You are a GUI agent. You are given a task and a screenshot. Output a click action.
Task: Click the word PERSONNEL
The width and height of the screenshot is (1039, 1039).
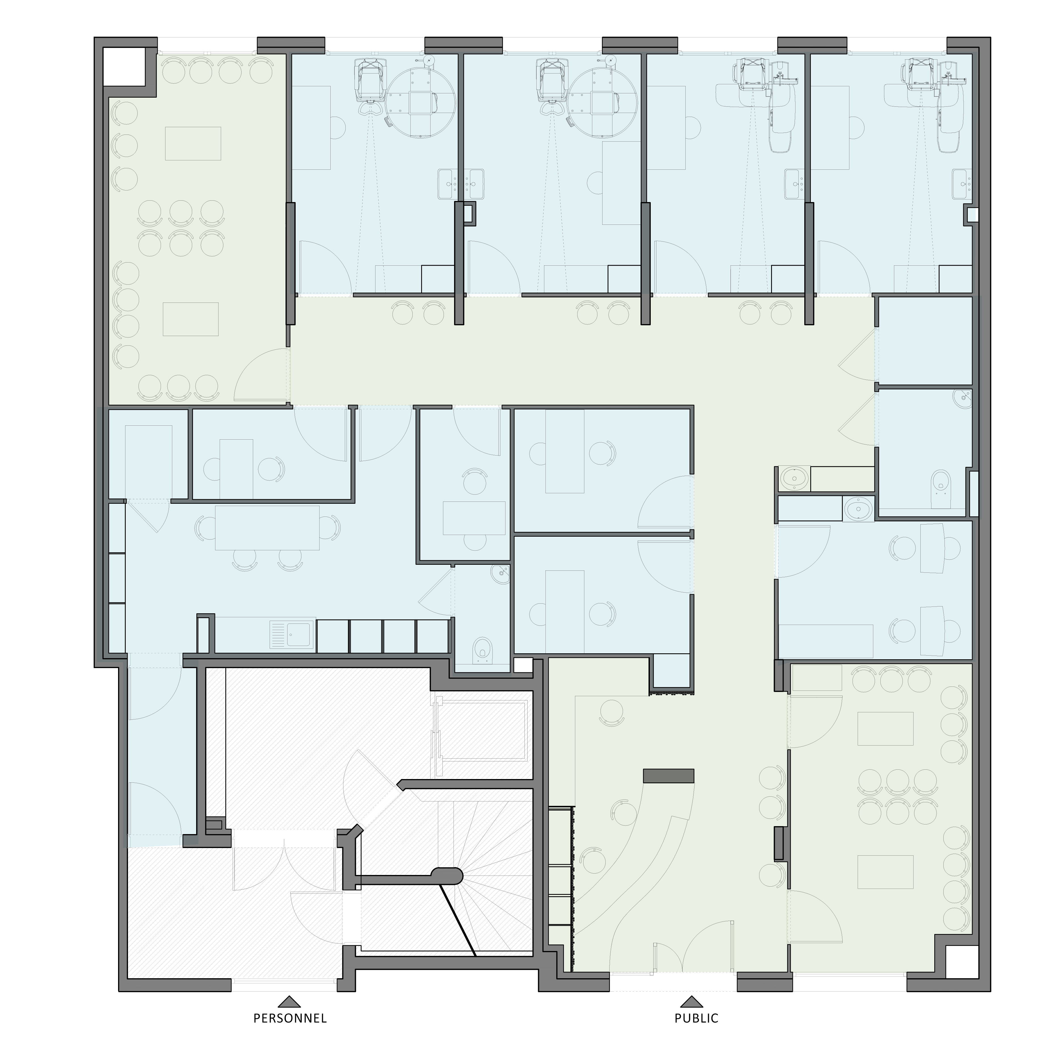tap(290, 1018)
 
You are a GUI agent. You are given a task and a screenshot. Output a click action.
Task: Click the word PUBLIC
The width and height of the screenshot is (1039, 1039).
tap(696, 1018)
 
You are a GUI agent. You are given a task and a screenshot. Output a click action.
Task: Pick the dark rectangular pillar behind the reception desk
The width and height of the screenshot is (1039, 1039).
tap(668, 776)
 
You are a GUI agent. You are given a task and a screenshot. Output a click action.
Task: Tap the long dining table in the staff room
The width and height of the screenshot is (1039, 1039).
tap(267, 528)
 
